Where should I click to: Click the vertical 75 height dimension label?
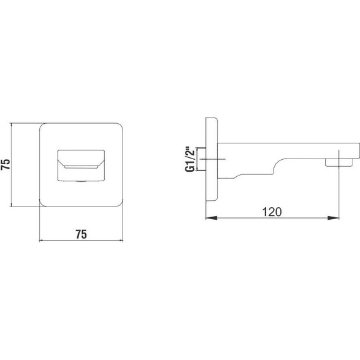pos(6,164)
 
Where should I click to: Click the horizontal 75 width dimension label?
pos(81,234)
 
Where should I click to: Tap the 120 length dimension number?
pos(272,212)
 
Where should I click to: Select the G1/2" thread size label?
pos(190,159)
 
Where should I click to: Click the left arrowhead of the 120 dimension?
pos(211,218)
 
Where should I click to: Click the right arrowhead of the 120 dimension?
pos(333,218)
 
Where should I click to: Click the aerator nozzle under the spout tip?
pos(339,162)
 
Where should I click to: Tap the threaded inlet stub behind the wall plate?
pos(201,159)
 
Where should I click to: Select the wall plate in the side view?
pos(212,159)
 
